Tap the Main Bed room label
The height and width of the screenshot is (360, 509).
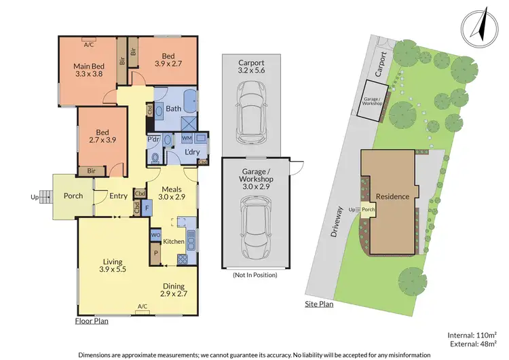pyautogui.click(x=88, y=71)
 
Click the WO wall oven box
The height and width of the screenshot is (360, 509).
pyautogui.click(x=155, y=235)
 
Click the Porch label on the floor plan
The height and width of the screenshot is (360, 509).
pyautogui.click(x=73, y=196)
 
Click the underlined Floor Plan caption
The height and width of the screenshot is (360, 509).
pyautogui.click(x=92, y=321)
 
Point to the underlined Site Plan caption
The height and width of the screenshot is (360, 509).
pyautogui.click(x=318, y=304)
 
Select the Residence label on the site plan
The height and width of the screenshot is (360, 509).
pyautogui.click(x=392, y=196)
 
